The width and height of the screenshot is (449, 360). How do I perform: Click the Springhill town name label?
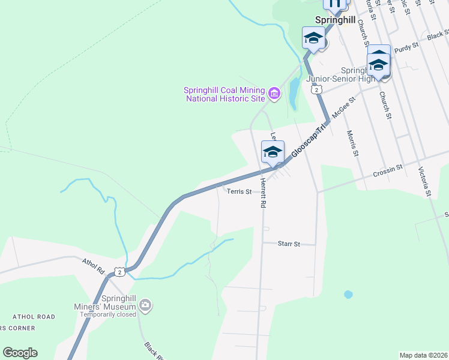[x=336, y=20]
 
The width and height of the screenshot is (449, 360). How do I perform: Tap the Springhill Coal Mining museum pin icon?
[x=274, y=93]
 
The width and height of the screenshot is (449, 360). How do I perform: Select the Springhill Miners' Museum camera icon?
[x=145, y=306]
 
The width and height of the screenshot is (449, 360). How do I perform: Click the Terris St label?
[x=239, y=192]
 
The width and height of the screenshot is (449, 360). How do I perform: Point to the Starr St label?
[x=288, y=244]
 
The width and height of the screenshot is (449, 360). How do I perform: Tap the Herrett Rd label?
[x=263, y=193]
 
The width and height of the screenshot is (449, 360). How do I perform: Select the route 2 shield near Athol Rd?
[x=121, y=272]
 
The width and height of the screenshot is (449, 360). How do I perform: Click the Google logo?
[x=20, y=353]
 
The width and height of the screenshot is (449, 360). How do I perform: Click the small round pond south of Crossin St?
[x=348, y=295]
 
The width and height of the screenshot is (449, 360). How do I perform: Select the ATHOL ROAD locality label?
[x=33, y=317]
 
